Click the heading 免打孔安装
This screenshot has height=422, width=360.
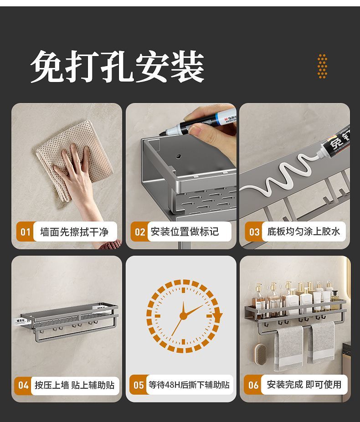(117, 67)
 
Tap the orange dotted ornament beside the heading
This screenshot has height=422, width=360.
(322, 66)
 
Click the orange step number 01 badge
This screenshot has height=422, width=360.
(26, 232)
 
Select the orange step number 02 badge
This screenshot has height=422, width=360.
(139, 232)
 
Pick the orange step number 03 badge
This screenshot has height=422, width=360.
(254, 232)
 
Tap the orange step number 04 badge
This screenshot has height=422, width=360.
(23, 385)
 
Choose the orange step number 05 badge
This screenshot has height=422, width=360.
(139, 385)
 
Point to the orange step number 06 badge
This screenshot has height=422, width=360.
(253, 385)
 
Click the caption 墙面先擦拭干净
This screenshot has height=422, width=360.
(74, 232)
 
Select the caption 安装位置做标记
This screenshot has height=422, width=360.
(185, 232)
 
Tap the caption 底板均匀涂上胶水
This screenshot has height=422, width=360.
(303, 232)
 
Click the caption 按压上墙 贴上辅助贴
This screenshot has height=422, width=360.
(74, 385)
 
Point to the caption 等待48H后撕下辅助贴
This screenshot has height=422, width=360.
(189, 385)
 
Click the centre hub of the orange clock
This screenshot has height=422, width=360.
(183, 315)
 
